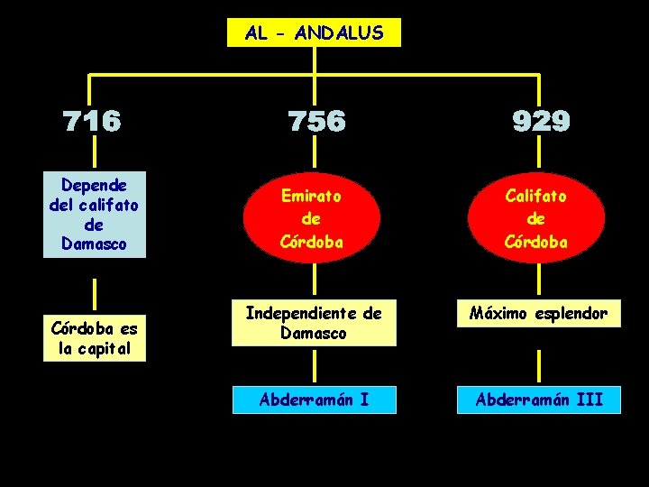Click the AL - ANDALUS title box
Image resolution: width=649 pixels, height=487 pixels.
(x=314, y=33)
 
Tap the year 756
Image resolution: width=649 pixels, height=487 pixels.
(x=315, y=122)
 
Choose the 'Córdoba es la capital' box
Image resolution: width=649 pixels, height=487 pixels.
(x=94, y=338)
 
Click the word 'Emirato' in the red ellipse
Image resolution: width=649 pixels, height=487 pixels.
(x=312, y=194)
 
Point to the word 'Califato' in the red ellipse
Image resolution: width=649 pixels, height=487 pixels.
(x=537, y=194)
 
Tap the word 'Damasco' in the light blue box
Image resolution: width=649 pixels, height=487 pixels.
(x=94, y=243)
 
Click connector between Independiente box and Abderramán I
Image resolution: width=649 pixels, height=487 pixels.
(x=314, y=366)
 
